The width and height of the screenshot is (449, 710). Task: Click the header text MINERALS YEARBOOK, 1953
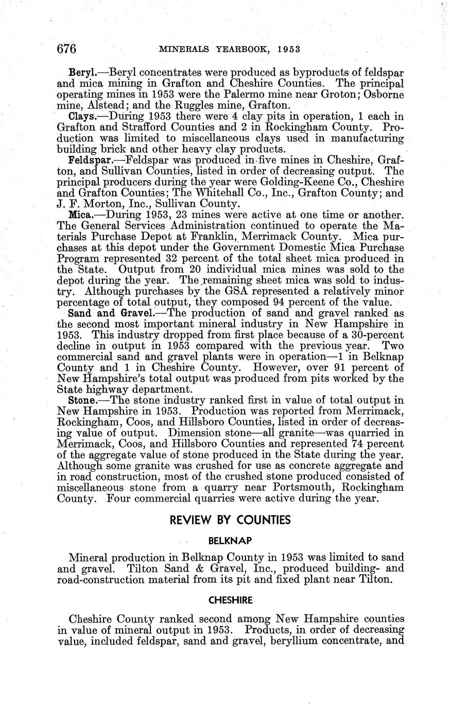coord(229,49)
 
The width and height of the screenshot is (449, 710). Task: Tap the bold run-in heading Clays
coord(80,116)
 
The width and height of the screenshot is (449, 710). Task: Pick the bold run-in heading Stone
coord(81,400)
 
